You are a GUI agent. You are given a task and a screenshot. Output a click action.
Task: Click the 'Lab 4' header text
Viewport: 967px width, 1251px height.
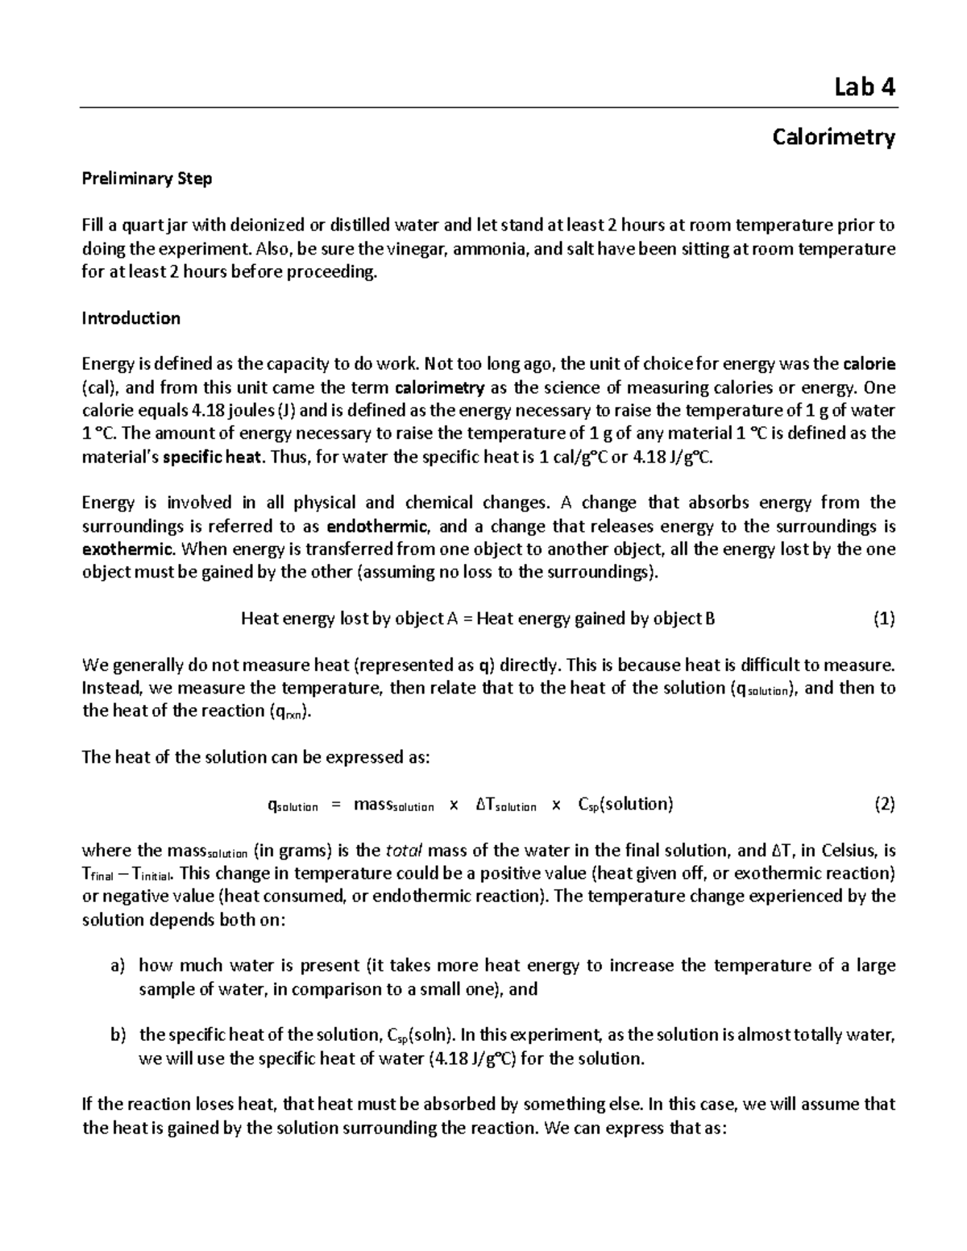865,87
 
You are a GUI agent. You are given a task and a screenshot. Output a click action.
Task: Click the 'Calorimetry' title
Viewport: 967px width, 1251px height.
833,137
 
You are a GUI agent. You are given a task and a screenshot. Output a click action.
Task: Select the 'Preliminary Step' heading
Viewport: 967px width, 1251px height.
147,179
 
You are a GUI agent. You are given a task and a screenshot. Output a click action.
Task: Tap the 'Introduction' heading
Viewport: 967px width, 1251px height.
131,318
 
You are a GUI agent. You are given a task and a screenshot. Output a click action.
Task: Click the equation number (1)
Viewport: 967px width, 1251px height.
884,619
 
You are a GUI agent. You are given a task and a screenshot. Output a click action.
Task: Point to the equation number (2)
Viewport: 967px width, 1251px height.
884,804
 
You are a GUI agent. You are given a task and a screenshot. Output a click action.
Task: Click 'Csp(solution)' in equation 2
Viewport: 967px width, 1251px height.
625,805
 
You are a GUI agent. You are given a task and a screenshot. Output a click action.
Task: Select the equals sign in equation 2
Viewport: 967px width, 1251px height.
336,805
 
